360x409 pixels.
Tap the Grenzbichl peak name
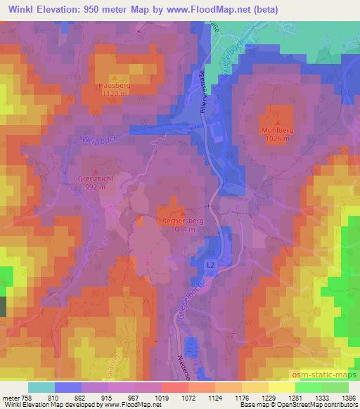coord(96,178)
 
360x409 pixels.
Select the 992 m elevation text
coord(95,187)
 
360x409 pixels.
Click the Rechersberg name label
coord(183,221)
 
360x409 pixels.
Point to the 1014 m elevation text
coord(183,229)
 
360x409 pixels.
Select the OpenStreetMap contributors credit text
coord(314,405)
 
